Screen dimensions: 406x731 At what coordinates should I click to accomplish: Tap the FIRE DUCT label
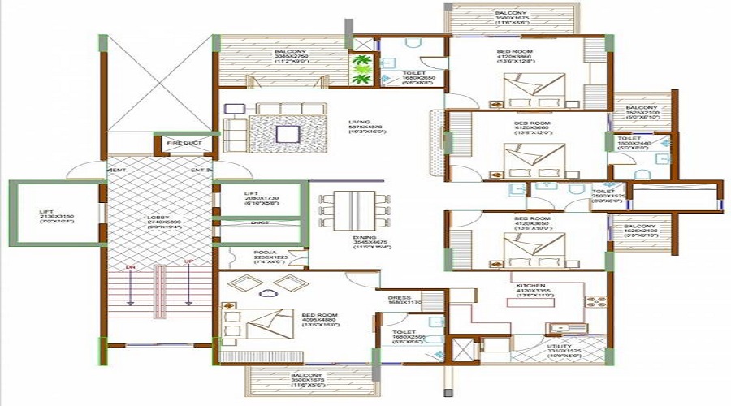tap(184, 143)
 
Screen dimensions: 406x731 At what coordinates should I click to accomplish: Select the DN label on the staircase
tap(129, 266)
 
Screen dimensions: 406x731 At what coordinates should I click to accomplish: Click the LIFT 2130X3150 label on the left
tap(50, 216)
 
